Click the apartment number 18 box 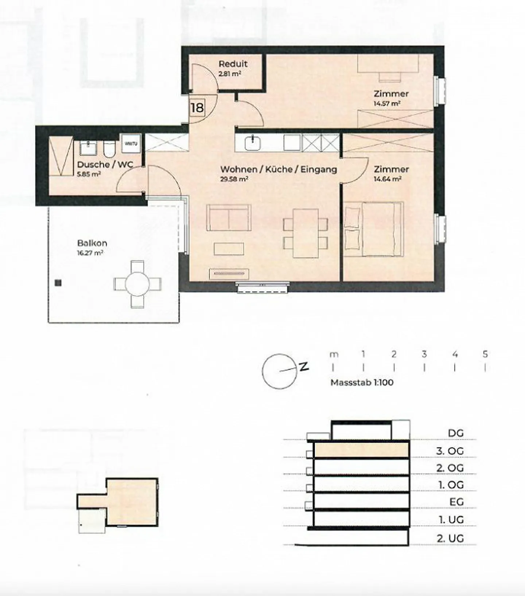197,107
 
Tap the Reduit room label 233,64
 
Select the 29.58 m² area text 234,179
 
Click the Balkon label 92,243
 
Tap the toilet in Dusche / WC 109,148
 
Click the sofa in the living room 229,217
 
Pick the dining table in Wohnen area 306,233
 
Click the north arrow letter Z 304,366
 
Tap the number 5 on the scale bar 485,354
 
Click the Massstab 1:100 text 362,383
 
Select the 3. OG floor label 450,451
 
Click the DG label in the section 456,433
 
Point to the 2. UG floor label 450,538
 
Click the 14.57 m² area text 387,103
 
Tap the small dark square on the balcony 58,283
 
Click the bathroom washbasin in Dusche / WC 88,148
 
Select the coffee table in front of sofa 229,249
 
